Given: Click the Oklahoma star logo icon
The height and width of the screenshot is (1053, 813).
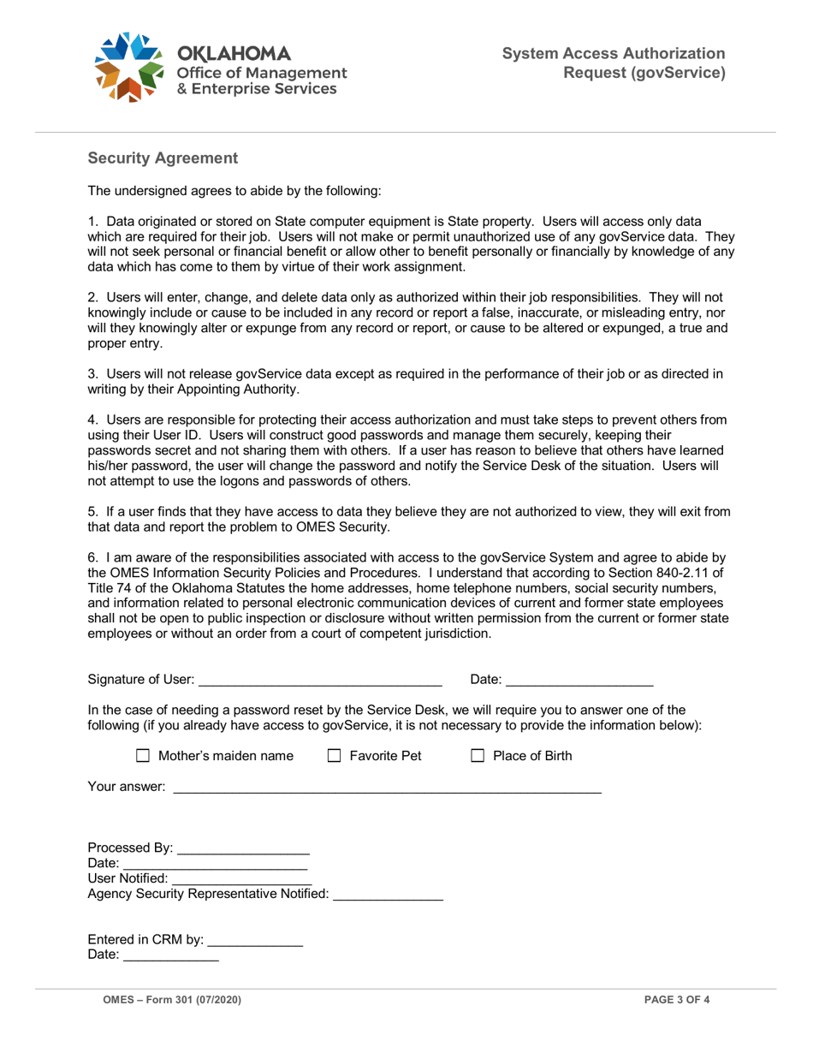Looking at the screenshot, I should point(128,67).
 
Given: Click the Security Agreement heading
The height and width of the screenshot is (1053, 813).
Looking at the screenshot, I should point(163,158).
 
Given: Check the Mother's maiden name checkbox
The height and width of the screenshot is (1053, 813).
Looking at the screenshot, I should point(143,757).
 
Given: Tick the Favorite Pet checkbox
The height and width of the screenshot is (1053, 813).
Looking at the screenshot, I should point(335,757).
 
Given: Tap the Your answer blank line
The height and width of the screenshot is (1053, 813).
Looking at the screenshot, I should point(387,787).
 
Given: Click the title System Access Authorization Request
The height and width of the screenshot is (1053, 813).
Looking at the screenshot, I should point(614,63).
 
